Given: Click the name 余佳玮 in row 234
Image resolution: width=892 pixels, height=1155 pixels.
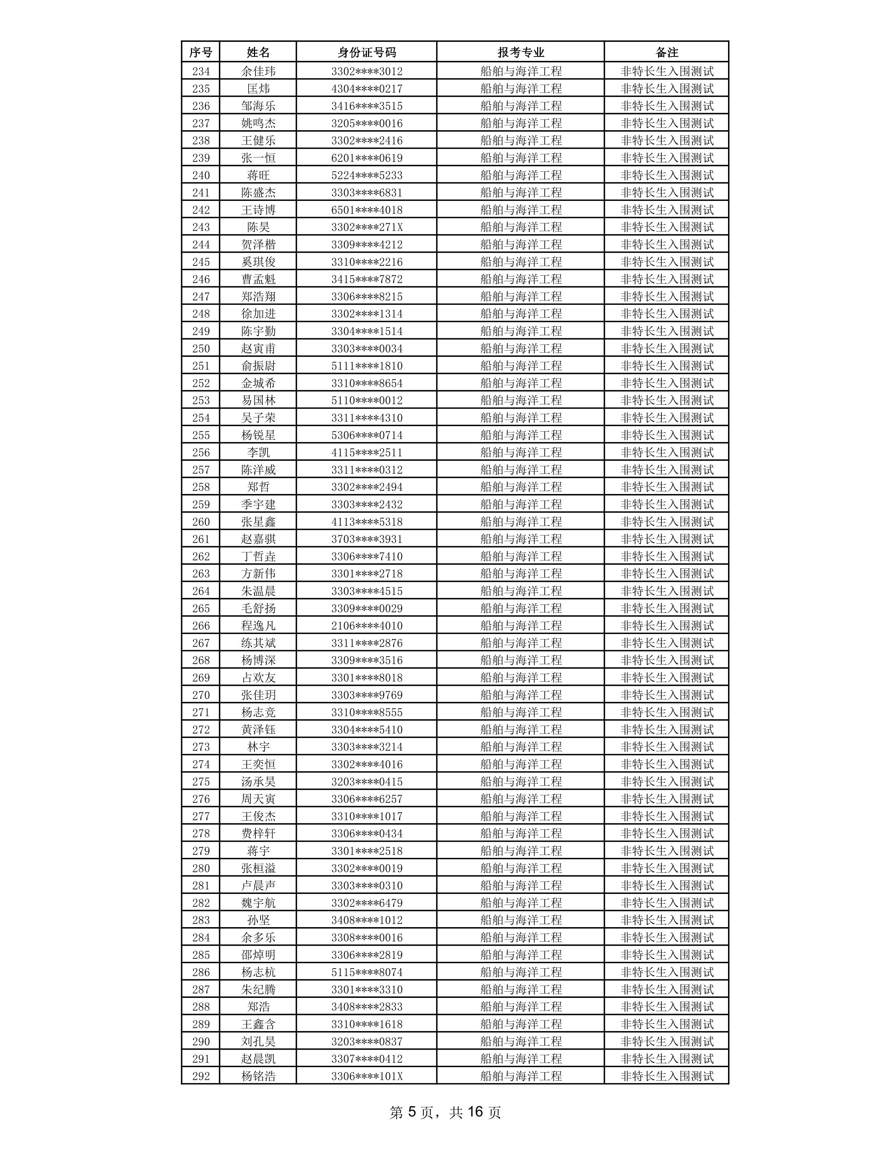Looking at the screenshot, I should (258, 71).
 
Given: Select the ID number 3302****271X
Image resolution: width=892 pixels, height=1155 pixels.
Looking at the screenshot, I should (366, 227).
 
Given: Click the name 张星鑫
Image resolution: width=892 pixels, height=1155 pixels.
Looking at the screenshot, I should (258, 521).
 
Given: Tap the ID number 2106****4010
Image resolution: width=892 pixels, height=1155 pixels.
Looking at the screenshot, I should (366, 626).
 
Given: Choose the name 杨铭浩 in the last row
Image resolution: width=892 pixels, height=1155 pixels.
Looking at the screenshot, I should (258, 1076).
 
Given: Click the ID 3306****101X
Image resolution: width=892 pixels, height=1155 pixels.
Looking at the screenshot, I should (366, 1076).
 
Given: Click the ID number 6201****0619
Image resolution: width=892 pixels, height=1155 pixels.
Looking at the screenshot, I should (366, 157).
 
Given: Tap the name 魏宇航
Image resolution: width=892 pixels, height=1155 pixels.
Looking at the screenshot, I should (258, 903).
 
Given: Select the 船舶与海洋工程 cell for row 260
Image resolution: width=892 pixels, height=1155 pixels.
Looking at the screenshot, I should (520, 521).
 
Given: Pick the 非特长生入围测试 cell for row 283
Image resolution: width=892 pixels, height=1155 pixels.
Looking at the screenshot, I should (666, 920).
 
